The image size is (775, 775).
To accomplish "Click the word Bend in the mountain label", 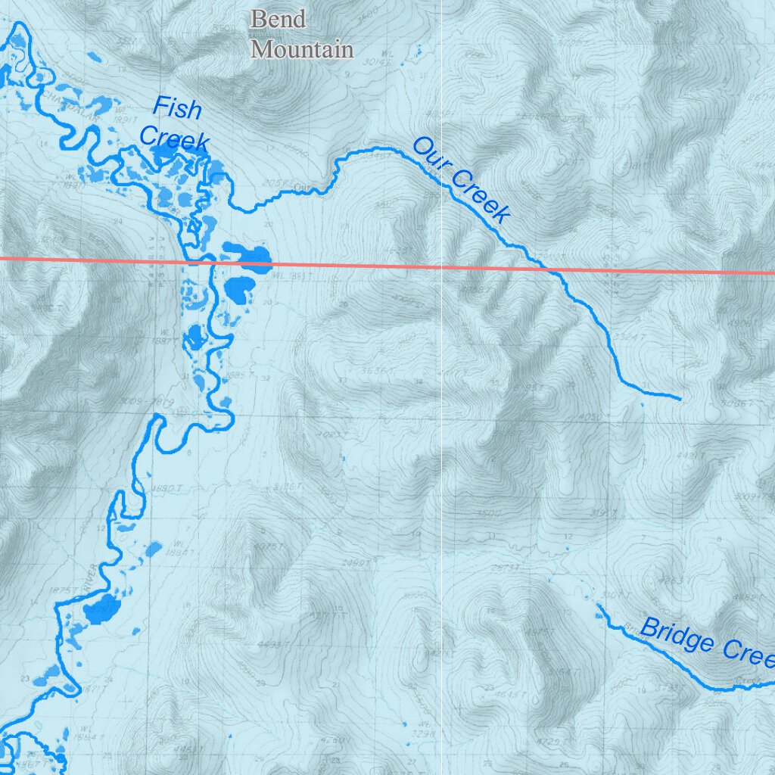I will click(278, 19).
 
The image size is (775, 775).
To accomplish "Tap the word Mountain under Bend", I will click(302, 50).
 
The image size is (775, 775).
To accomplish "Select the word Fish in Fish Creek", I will click(178, 109).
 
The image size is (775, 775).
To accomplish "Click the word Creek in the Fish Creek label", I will click(174, 140).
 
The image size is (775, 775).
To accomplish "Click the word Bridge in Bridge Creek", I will click(677, 636).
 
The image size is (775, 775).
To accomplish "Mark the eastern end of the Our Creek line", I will click(680, 398).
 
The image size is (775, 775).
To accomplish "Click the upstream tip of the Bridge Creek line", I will click(597, 606).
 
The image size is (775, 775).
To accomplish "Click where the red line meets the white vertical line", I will click(442, 266).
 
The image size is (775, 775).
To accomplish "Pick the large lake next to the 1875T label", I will click(102, 608).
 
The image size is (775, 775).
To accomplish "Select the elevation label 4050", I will click(590, 417).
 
